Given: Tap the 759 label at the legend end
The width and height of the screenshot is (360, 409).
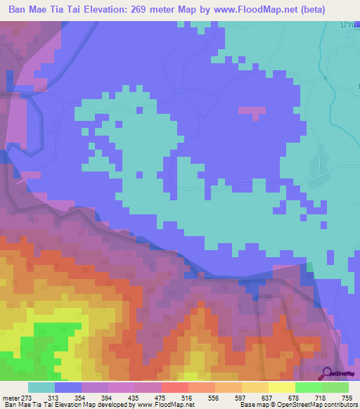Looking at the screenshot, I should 347,398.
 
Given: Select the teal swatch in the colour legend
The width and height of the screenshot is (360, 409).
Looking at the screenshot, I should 41,387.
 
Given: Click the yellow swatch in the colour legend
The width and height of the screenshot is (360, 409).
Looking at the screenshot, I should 282,387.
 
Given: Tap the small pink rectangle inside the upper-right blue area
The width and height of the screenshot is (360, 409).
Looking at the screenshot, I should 252,110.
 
